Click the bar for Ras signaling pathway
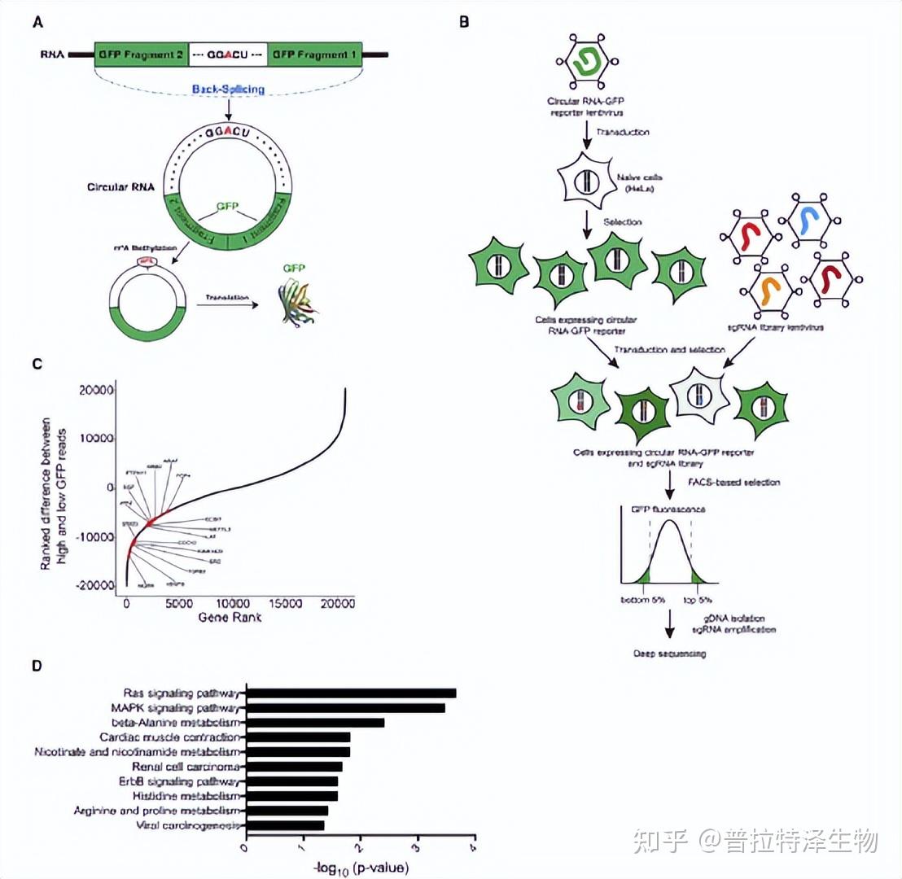[351, 693]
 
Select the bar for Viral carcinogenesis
[285, 825]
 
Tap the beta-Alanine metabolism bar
[315, 723]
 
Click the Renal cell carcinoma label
[186, 767]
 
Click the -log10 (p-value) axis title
[361, 868]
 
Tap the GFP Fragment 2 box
[141, 55]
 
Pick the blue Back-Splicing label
[228, 89]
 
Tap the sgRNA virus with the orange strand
[769, 288]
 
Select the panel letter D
[37, 665]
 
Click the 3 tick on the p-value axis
[417, 846]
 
